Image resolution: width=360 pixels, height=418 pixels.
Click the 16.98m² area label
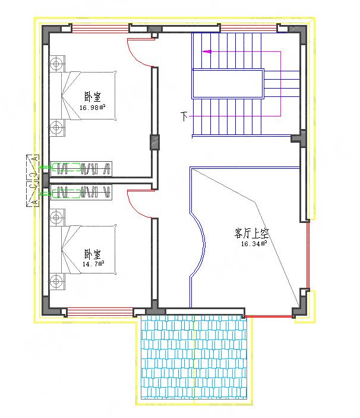[92, 108]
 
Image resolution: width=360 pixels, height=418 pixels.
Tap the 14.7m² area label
[94, 263]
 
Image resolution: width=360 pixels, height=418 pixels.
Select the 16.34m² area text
[254, 243]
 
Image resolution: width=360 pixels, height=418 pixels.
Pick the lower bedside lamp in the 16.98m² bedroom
[56, 127]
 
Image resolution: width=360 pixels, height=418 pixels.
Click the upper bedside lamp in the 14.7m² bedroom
[56, 217]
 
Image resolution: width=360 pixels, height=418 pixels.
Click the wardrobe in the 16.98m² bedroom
[80, 168]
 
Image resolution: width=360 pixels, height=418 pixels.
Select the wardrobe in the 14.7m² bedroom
[80, 192]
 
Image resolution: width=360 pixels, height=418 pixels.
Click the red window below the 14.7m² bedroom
[99, 312]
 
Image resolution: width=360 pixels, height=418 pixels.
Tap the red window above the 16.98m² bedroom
[100, 27]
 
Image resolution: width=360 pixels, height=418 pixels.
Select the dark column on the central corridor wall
[154, 143]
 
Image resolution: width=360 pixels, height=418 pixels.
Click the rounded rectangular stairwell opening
[228, 84]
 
